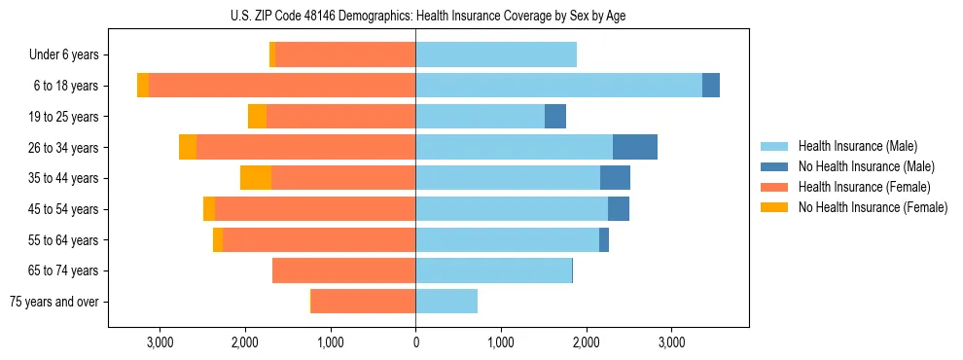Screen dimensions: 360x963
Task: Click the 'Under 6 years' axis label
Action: pos(63,55)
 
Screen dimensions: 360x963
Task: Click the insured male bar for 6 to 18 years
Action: pos(558,86)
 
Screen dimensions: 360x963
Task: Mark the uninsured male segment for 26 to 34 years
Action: pos(635,147)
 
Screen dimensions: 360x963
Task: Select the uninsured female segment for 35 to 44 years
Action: pos(256,178)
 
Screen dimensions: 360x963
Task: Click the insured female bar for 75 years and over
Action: pos(363,302)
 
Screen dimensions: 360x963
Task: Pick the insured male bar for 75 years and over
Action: pos(446,302)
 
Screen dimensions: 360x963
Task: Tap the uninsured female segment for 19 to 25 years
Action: pos(257,117)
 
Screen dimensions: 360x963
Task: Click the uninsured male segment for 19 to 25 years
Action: pos(555,117)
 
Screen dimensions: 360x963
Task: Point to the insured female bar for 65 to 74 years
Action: pos(343,270)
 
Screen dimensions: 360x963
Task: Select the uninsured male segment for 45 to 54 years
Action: pos(619,209)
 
